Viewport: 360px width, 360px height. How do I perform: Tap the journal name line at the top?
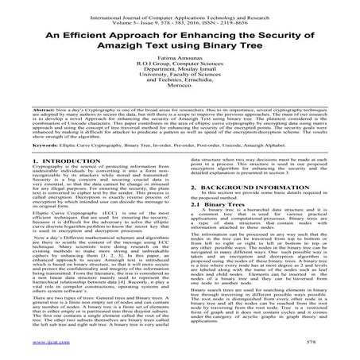click(180, 9)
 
